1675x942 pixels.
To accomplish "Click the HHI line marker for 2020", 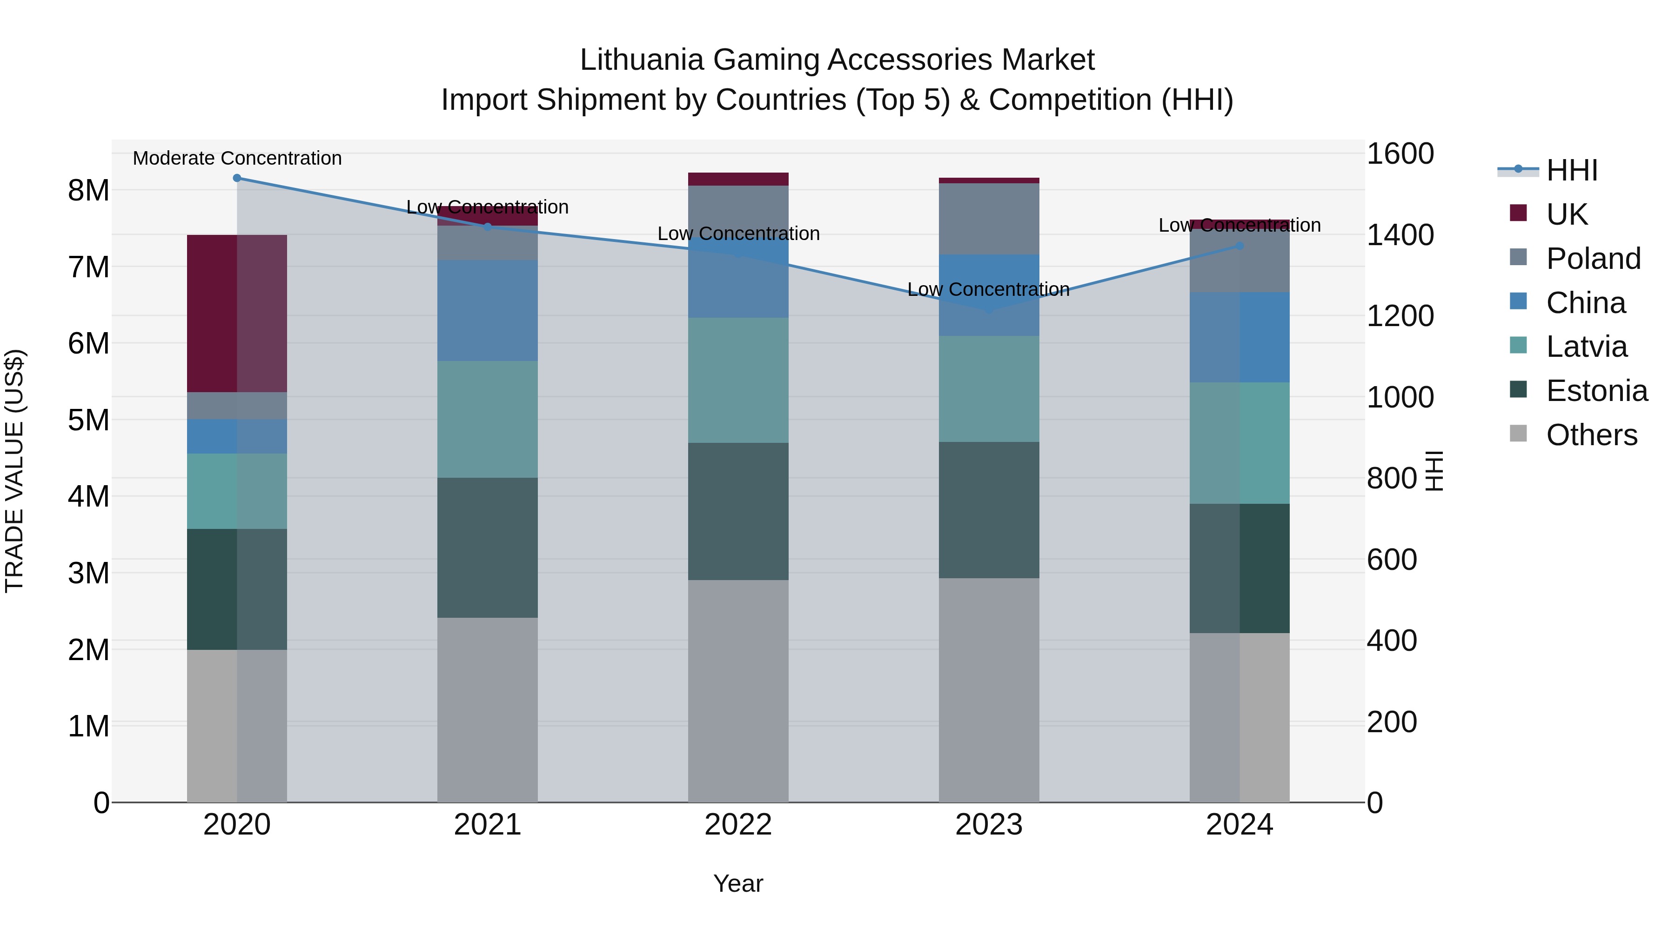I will [x=237, y=178].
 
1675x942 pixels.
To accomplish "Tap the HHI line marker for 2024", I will [x=1239, y=246].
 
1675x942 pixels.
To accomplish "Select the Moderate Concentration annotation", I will [x=237, y=158].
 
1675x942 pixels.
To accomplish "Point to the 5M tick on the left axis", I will [x=88, y=420].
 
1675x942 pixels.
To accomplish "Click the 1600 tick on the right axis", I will [x=1400, y=154].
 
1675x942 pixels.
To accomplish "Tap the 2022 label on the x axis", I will [x=738, y=825].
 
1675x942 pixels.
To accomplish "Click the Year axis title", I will [x=738, y=883].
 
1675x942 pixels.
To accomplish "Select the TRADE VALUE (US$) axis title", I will [x=14, y=471].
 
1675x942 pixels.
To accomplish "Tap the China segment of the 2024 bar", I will [x=1239, y=337].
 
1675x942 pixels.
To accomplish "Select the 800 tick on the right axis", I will [x=1392, y=479].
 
